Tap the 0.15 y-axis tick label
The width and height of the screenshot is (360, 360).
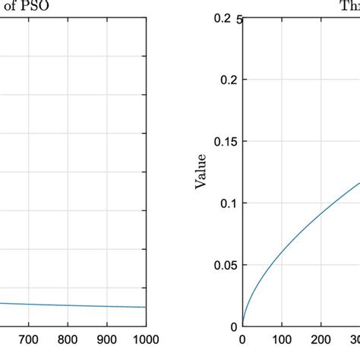[x=220, y=141]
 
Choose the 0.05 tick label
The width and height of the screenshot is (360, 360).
[x=220, y=265]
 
